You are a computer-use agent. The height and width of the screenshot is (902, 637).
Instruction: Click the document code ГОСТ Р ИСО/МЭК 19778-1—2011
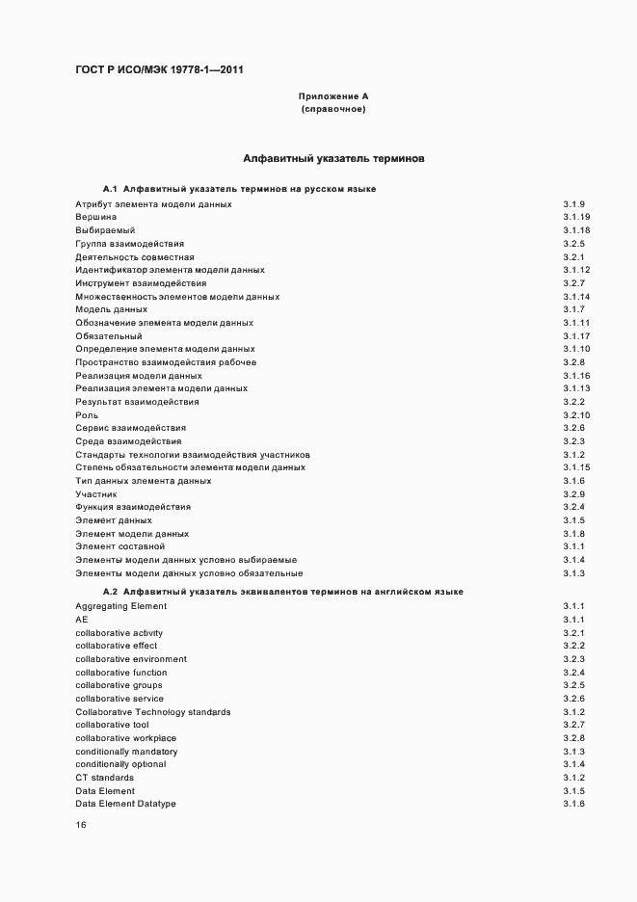pos(166,69)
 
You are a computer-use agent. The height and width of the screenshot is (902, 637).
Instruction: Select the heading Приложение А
pos(333,96)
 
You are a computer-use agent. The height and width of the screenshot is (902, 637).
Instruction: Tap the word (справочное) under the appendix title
pos(333,110)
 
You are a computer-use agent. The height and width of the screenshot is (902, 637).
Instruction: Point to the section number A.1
pos(109,189)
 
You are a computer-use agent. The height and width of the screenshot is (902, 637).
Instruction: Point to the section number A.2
pos(109,591)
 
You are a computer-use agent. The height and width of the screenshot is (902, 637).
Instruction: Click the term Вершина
pos(96,218)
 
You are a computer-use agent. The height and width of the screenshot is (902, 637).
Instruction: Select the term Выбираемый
pos(105,231)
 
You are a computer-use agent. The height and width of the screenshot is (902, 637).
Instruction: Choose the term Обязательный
pos(109,335)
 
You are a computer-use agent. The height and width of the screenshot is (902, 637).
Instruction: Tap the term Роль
pos(87,414)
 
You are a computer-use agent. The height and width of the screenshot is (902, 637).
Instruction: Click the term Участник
pos(96,493)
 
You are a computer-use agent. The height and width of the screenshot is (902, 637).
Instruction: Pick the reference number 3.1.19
pos(576,218)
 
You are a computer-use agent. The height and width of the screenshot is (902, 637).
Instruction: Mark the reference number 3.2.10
pos(576,414)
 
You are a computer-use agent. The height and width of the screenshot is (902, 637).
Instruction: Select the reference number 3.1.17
pos(576,335)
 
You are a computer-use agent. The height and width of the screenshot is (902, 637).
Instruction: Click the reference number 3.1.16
pos(576,375)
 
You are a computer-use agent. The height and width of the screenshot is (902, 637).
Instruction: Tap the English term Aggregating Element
pos(121,606)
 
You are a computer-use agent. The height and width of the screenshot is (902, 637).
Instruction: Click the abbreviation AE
pos(82,620)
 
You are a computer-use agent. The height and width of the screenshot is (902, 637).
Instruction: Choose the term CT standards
pos(105,777)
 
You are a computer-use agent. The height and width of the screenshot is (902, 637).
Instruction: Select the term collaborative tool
pos(113,725)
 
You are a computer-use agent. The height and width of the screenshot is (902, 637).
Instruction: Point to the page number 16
pos(81,825)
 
